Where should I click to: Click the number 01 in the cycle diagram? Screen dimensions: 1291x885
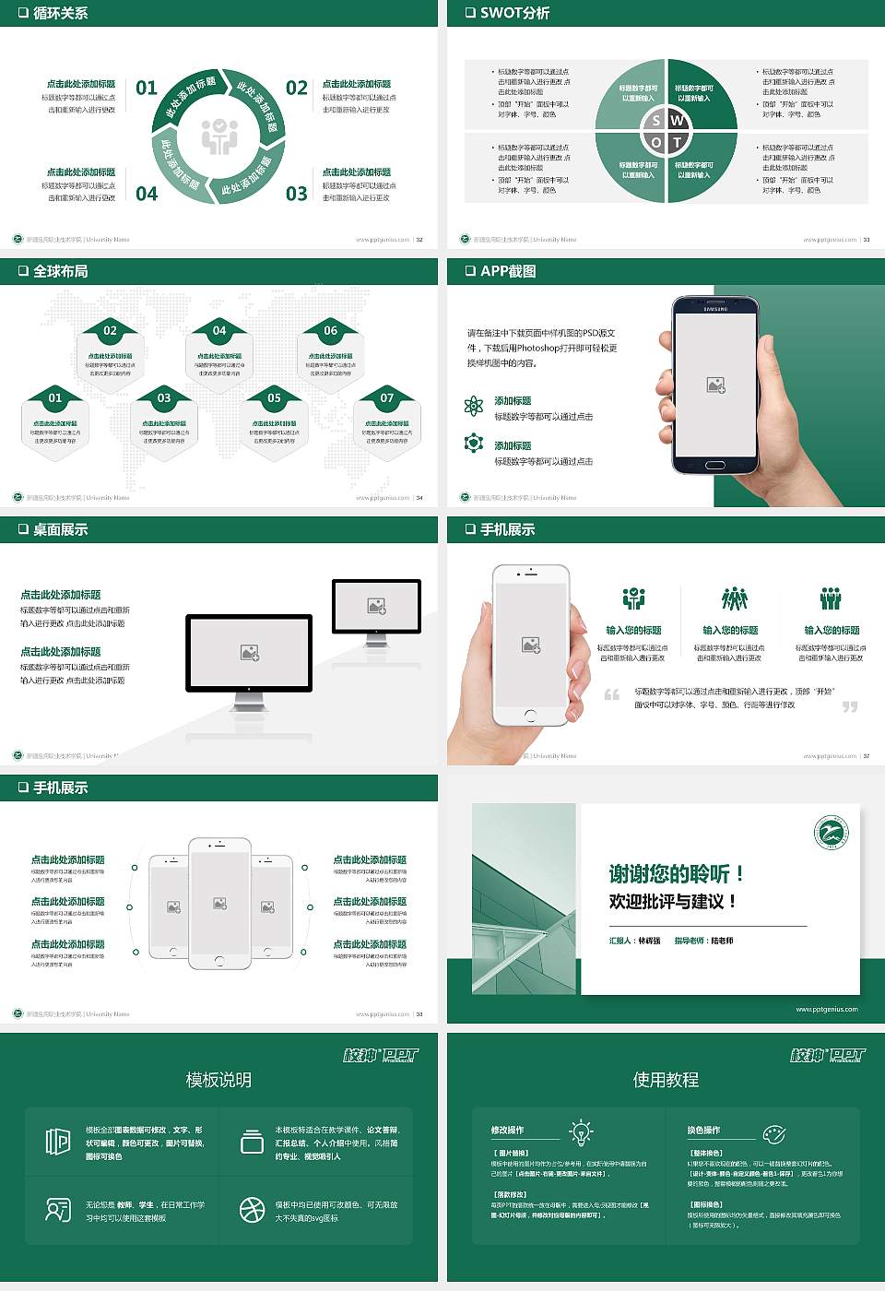click(x=147, y=88)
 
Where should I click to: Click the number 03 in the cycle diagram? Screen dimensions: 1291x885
click(x=297, y=194)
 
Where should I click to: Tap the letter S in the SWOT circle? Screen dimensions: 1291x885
click(x=656, y=121)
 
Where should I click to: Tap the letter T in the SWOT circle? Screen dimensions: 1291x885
click(x=678, y=142)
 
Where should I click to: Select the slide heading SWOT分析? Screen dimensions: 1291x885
click(x=514, y=13)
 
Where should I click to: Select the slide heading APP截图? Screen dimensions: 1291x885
click(x=508, y=271)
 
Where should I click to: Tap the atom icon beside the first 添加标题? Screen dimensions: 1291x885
click(x=474, y=406)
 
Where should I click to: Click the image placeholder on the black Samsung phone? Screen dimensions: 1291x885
click(x=715, y=385)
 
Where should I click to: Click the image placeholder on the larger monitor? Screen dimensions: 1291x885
click(x=249, y=652)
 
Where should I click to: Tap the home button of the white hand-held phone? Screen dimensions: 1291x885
click(x=530, y=715)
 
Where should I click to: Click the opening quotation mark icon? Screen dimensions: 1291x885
click(x=611, y=694)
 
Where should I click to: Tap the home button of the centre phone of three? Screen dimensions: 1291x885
click(x=219, y=960)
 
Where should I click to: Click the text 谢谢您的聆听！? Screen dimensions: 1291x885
click(x=676, y=873)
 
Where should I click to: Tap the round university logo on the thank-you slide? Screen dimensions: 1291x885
click(x=832, y=832)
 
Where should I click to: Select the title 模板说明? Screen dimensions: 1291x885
click(x=218, y=1080)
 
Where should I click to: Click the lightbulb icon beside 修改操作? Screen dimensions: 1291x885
click(x=581, y=1131)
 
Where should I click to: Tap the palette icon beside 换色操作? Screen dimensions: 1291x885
click(x=773, y=1133)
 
